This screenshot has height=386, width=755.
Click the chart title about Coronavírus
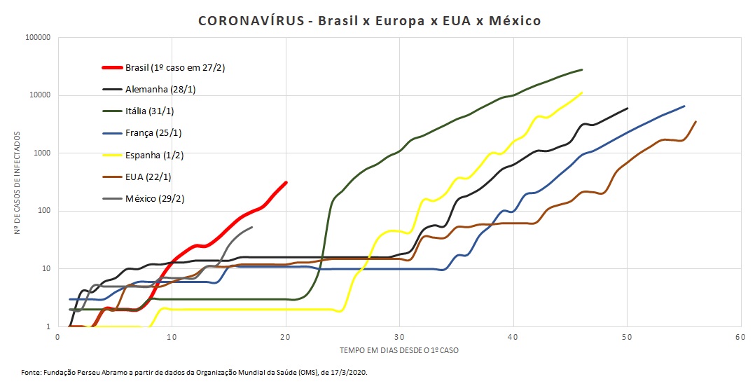click(370, 21)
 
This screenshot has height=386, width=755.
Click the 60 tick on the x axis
click(741, 337)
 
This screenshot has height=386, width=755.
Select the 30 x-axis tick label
click(399, 337)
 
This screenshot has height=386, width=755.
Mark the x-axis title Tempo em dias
click(399, 350)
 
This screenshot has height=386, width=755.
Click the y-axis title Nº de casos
click(19, 182)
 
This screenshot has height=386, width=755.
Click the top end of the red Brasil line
click(286, 183)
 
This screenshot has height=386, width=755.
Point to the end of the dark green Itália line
click(582, 69)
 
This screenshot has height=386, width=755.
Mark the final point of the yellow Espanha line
click(582, 92)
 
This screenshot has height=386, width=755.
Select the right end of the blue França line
click(684, 106)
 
